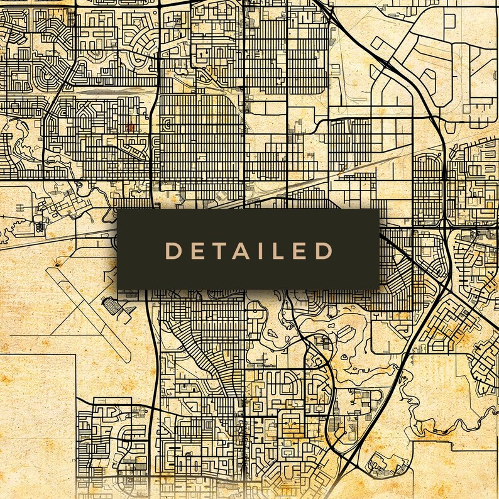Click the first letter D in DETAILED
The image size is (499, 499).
172,251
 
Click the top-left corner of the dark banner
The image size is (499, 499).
118,210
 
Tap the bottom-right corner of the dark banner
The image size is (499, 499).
379,289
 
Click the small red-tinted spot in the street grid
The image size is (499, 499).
130,127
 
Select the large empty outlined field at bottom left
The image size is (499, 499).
38,409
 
